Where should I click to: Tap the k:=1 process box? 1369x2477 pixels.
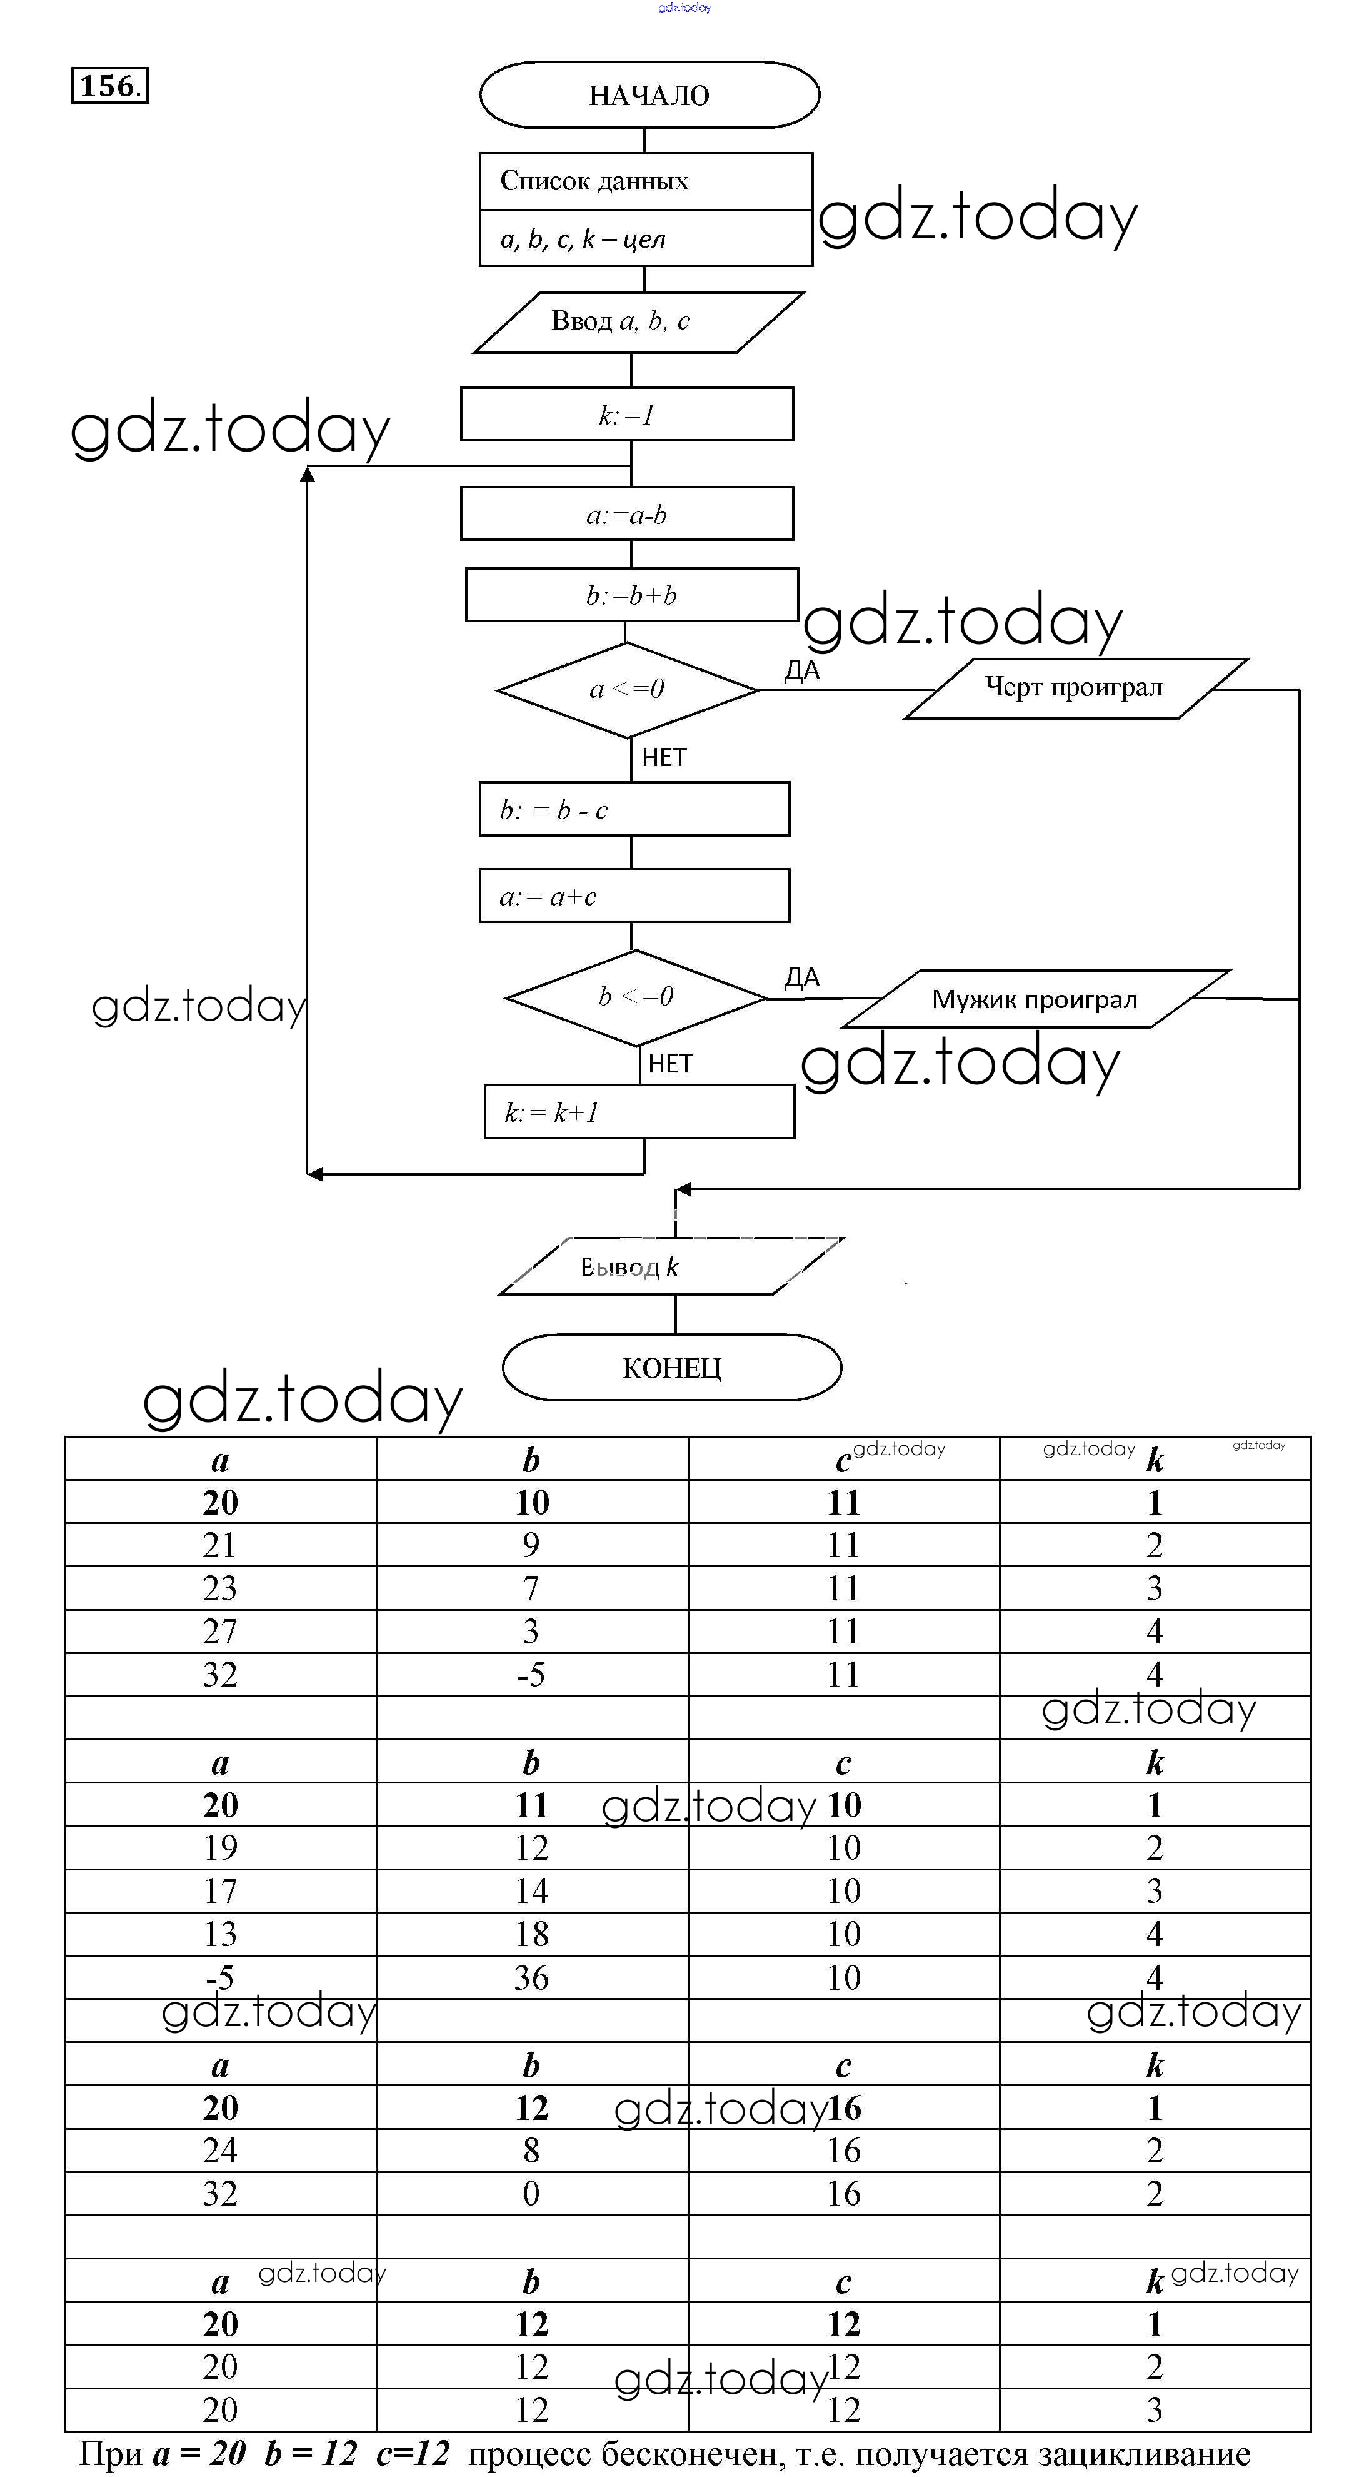[x=627, y=415]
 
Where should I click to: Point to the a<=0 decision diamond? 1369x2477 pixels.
[x=627, y=689]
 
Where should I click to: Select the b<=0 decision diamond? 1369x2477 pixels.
[x=636, y=997]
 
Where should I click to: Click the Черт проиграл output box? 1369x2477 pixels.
[x=1075, y=689]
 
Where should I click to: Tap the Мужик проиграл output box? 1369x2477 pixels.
[x=1035, y=999]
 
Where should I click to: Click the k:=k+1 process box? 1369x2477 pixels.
[x=639, y=1112]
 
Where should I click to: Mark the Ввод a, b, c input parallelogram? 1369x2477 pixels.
[x=638, y=322]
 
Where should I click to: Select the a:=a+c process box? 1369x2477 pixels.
[x=634, y=896]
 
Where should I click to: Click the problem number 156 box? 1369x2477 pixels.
[x=109, y=86]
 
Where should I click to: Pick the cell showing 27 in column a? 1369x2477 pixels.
[x=220, y=1631]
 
